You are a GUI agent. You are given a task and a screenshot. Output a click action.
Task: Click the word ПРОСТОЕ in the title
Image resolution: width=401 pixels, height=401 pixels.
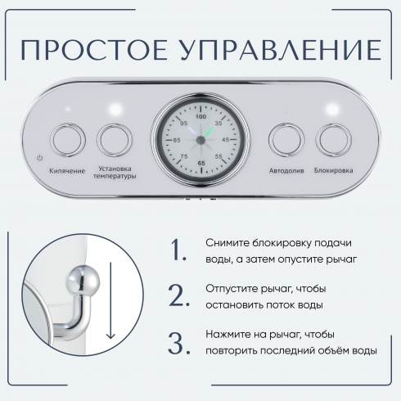pos(94,50)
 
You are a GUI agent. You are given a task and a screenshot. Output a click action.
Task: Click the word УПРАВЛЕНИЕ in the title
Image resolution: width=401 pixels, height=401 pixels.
pos(280,50)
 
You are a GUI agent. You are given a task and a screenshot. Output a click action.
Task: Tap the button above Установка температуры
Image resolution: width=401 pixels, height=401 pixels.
pos(115,140)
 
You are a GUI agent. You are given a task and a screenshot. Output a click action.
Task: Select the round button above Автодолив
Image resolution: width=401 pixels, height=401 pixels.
pos(286,140)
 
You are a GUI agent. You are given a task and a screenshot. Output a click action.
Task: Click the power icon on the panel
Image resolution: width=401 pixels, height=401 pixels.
pos(40,158)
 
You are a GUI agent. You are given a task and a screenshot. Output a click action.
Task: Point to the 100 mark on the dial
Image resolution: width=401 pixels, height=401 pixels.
pos(201,116)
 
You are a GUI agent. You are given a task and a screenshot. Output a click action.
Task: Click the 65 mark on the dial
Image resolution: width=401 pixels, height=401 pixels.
pos(201,163)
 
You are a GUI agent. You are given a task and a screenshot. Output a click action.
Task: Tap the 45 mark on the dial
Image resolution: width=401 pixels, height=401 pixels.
pos(225,140)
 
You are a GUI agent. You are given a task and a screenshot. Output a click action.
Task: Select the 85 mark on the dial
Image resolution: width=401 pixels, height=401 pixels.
pos(177,140)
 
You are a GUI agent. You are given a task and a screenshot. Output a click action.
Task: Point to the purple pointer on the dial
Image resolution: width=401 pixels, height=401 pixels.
pos(193,132)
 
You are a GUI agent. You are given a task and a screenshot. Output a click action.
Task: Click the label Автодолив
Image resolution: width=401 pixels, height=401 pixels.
pos(286,171)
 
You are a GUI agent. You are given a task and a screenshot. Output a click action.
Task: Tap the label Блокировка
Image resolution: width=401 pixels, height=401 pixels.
pos(333,170)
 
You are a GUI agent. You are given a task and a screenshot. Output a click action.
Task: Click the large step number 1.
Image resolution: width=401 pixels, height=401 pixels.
pos(178,250)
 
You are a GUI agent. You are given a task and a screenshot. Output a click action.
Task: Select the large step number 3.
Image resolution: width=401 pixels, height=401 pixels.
pos(178,343)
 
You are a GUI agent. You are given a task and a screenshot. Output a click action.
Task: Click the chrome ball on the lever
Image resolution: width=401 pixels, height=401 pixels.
pos(83,281)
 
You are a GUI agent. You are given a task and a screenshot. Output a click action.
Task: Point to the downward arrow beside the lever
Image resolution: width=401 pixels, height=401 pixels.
pos(110,300)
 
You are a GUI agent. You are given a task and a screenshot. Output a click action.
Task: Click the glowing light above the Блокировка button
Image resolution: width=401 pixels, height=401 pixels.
pos(332,110)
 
